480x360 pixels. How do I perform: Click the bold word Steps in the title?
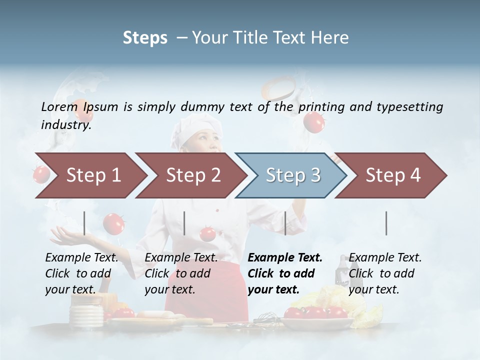pyautogui.click(x=145, y=38)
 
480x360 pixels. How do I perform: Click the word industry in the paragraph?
pyautogui.click(x=65, y=125)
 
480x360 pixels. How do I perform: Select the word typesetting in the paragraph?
pyautogui.click(x=409, y=107)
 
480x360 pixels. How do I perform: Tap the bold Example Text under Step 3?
pyautogui.click(x=285, y=258)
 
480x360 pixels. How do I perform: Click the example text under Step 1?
pyautogui.click(x=81, y=273)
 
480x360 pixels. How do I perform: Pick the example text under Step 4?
pyautogui.click(x=385, y=273)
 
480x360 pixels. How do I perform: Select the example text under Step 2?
pyautogui.click(x=181, y=273)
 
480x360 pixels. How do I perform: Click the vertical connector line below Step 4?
pyautogui.click(x=386, y=223)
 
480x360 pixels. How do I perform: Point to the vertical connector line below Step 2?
pyautogui.click(x=184, y=223)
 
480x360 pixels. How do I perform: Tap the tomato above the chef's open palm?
pyautogui.click(x=113, y=223)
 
